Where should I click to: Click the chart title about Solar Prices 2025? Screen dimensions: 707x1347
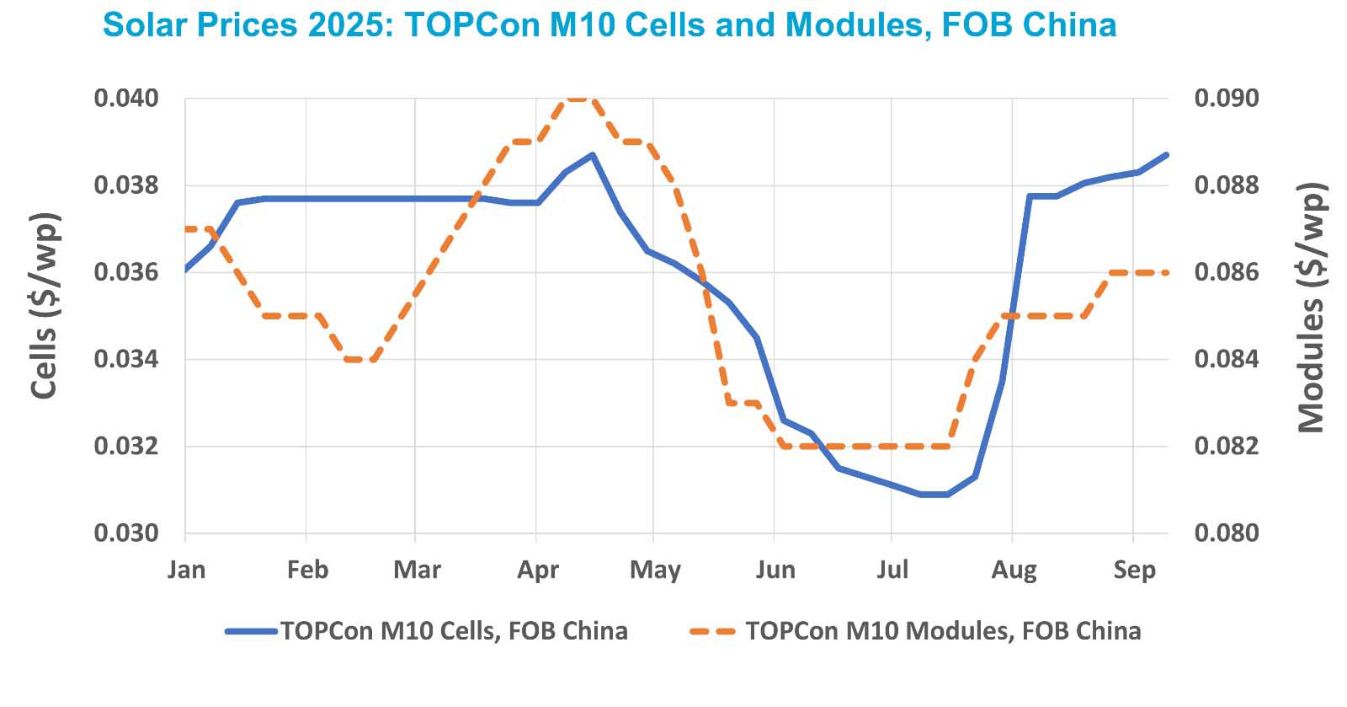[610, 24]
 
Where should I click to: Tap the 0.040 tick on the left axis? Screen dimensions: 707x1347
[125, 99]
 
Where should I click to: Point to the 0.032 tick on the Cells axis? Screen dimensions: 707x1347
[125, 446]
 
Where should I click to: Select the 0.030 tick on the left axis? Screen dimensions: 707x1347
[125, 533]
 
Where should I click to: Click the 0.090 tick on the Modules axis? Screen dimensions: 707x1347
[1227, 99]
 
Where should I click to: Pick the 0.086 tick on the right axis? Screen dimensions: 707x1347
[1227, 272]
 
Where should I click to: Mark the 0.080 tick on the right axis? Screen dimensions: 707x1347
[1227, 533]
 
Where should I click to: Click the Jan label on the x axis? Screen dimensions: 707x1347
[186, 570]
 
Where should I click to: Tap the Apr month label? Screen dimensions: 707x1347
[538, 570]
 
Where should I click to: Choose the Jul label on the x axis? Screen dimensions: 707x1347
[892, 570]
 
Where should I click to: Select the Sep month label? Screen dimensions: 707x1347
[1134, 570]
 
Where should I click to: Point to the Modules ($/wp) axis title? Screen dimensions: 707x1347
[1310, 308]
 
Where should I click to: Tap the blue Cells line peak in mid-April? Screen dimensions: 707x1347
[593, 155]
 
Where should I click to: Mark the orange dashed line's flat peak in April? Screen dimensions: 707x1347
[579, 99]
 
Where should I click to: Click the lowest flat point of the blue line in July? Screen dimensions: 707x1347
[934, 495]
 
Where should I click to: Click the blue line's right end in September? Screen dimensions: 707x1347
[1167, 154]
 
